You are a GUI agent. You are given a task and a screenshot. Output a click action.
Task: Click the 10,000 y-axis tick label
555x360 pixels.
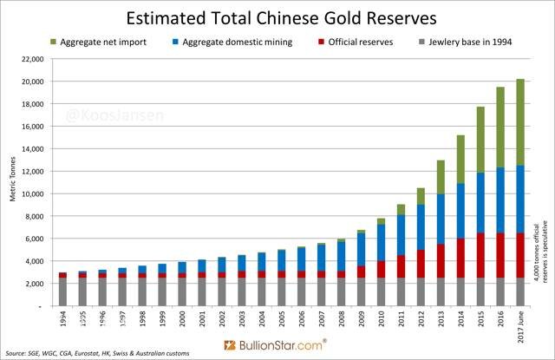pyautogui.click(x=31, y=194)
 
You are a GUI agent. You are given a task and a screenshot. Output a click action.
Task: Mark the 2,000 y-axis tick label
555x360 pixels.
pyautogui.click(x=33, y=284)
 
